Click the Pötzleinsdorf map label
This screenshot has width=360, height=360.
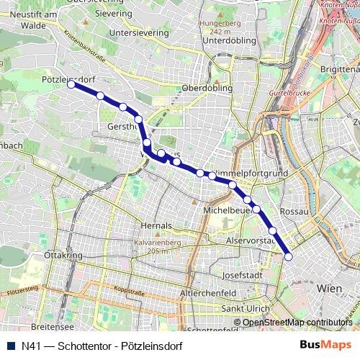tap(69, 78)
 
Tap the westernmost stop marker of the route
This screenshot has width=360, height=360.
tap(71, 84)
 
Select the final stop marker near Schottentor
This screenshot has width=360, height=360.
tap(289, 256)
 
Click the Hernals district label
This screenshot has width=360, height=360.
tap(157, 225)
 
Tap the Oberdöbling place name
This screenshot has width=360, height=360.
tap(207, 88)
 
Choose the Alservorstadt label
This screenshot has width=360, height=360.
tap(251, 240)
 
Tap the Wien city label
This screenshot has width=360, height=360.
tap(329, 288)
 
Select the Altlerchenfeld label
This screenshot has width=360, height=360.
tap(208, 294)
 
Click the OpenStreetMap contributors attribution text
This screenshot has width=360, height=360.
tap(297, 323)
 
